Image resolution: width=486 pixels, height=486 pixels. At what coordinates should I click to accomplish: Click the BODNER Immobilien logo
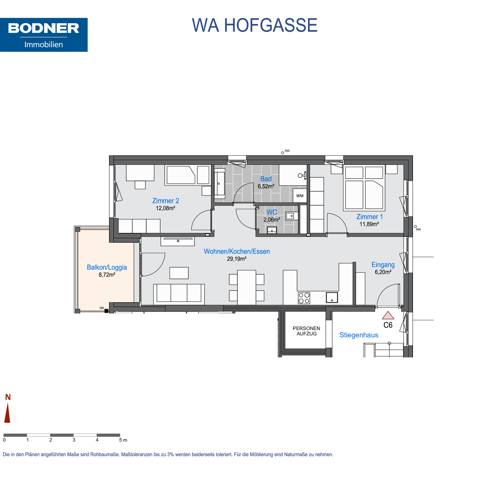pos(44,35)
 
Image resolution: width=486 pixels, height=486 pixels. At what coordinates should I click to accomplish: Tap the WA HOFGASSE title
pos(254,25)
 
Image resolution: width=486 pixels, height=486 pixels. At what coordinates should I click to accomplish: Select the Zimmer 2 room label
pos(166,201)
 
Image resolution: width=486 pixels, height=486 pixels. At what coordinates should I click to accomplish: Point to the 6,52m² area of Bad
pos(266,186)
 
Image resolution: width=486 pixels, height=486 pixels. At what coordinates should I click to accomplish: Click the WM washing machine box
pos(300,196)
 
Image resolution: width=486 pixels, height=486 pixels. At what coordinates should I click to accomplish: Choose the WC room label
pos(272,212)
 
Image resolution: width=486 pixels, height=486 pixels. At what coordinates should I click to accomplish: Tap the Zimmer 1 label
pos(369,217)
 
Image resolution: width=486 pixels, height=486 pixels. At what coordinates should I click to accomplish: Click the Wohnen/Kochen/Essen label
pos(237,251)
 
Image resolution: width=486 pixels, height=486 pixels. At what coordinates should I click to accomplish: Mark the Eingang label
pos(383,265)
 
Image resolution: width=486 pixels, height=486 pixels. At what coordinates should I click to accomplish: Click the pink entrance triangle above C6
pos(388,315)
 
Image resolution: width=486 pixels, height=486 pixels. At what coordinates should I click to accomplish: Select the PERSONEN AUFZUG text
pos(306,331)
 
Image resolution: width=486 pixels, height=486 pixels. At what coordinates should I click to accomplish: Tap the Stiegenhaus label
pos(359,335)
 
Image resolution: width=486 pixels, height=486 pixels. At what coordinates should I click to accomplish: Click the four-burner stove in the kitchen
pos(304,298)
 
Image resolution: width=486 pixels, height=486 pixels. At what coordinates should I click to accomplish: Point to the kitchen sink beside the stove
pos(332,297)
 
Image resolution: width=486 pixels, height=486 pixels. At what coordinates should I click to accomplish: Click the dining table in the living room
pos(247,288)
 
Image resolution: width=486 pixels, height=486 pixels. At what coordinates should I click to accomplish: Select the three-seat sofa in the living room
pos(179,294)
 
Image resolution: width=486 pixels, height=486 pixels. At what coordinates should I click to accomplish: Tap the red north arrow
pos(7,413)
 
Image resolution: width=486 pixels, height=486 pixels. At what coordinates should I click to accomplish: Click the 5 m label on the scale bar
pos(123,440)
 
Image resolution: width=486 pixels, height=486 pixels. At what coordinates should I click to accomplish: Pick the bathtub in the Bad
pos(219,184)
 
